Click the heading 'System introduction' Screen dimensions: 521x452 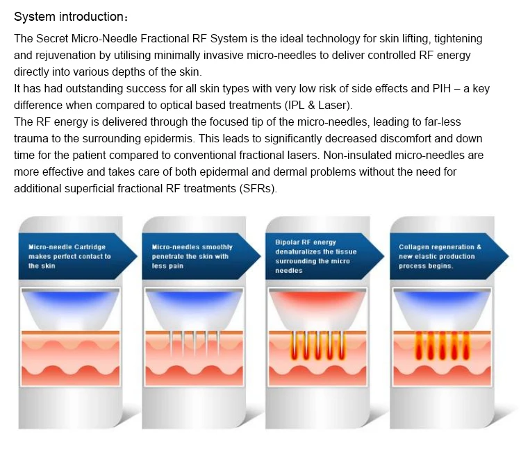[69, 17]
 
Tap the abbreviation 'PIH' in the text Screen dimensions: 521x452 [442, 89]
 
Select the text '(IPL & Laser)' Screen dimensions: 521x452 [318, 106]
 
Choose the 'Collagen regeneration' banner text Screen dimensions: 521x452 [440, 256]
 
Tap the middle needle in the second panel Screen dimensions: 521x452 [195, 344]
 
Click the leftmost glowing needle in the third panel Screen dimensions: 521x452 [294, 345]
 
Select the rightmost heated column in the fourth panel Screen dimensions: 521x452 [466, 345]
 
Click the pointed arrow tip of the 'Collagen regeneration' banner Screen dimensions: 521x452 [508, 256]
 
